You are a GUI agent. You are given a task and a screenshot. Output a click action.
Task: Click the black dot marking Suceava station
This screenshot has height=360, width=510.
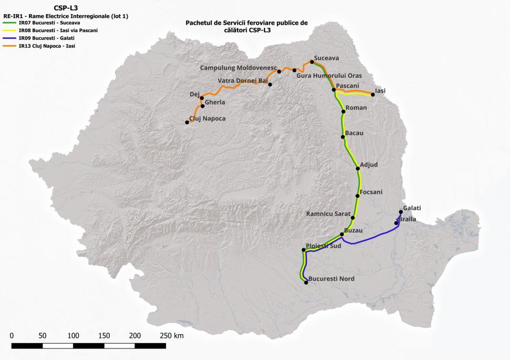312,62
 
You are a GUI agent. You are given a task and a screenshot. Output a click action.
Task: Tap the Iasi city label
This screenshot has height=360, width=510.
380,90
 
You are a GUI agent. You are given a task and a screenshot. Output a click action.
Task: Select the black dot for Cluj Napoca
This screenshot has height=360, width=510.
187,122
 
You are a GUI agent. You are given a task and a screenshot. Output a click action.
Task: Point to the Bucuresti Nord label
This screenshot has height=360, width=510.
331,279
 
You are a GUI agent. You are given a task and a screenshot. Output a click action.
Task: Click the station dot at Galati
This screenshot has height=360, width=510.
401,212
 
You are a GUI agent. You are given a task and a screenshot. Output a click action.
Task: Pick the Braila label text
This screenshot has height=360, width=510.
408,219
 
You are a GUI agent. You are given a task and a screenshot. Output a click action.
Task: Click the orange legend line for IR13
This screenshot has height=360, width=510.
9,46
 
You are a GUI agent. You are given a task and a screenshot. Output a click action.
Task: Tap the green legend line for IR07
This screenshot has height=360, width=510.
9,23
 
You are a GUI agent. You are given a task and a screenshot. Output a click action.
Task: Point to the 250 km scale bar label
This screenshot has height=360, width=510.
171,335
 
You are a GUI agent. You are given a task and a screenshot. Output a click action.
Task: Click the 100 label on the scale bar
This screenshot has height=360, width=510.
73,335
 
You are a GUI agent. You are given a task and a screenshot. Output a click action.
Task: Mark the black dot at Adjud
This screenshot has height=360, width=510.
358,168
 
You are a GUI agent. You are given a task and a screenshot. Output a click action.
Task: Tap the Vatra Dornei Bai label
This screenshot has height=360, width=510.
243,80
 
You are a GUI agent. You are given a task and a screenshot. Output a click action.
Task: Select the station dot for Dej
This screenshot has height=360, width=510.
201,98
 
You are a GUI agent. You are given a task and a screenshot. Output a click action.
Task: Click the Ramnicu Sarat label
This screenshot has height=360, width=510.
328,213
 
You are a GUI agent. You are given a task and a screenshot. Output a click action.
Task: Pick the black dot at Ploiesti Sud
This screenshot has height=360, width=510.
304,250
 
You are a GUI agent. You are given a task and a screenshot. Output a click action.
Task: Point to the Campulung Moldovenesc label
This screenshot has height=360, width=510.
238,68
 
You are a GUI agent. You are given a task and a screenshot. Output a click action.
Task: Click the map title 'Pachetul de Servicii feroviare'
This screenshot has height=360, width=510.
247,23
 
